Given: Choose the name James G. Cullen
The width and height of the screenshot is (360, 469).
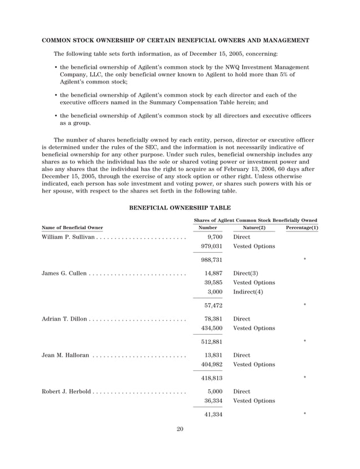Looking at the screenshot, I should pyautogui.click(x=64, y=273).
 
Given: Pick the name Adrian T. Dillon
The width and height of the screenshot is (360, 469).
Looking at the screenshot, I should pyautogui.click(x=64, y=319).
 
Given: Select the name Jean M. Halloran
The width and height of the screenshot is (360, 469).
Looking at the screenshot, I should pyautogui.click(x=65, y=355).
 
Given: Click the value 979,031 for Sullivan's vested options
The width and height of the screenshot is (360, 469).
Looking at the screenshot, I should pyautogui.click(x=212, y=246).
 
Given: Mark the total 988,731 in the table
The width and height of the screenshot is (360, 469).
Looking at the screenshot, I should pyautogui.click(x=212, y=260).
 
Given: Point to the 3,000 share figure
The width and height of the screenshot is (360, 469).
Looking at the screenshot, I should pyautogui.click(x=214, y=291).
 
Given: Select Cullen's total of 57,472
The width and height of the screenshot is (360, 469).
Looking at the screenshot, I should pyautogui.click(x=213, y=305).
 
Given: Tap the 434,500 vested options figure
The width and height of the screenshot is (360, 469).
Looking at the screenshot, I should pyautogui.click(x=212, y=328).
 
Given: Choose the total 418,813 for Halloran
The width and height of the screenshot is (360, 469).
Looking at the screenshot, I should pyautogui.click(x=212, y=378).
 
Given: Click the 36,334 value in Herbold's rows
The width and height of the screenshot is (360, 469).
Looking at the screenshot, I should pyautogui.click(x=213, y=401).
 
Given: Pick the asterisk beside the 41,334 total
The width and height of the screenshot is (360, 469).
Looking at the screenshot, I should pyautogui.click(x=305, y=415).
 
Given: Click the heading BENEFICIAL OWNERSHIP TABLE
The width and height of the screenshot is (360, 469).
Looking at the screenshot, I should pyautogui.click(x=179, y=208).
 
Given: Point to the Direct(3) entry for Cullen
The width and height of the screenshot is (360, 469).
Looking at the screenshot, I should pyautogui.click(x=246, y=273).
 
